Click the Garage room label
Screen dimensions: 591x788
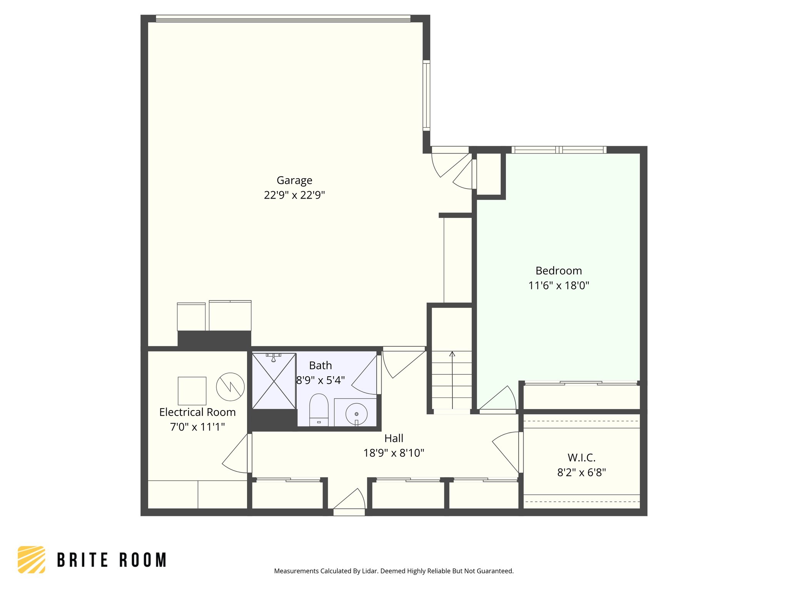coord(294,180)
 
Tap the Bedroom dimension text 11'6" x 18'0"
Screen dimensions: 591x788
coord(559,285)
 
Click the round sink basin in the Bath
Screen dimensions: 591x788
coord(356,414)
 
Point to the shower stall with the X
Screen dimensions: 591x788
coord(274,381)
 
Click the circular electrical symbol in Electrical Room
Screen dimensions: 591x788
coord(230,387)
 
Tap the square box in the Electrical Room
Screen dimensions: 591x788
coord(192,391)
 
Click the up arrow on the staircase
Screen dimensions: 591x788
coord(452,354)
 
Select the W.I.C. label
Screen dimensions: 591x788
coord(581,457)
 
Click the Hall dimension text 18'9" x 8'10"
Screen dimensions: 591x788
coord(394,453)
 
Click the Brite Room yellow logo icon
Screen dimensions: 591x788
coord(32,559)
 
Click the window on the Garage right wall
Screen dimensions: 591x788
coord(426,95)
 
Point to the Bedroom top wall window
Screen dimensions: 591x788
coord(559,150)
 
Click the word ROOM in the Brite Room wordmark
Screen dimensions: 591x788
coord(143,560)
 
